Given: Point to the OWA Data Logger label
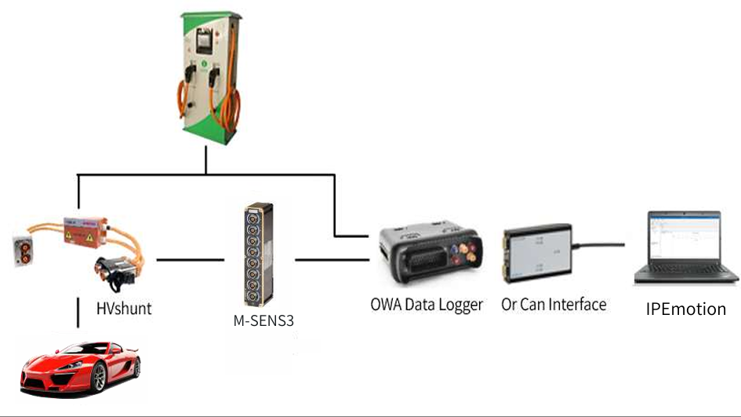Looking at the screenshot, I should click(426, 304).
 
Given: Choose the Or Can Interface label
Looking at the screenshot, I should click(554, 304).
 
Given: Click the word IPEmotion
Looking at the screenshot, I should click(686, 309).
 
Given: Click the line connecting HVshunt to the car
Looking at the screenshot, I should click(78, 312).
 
